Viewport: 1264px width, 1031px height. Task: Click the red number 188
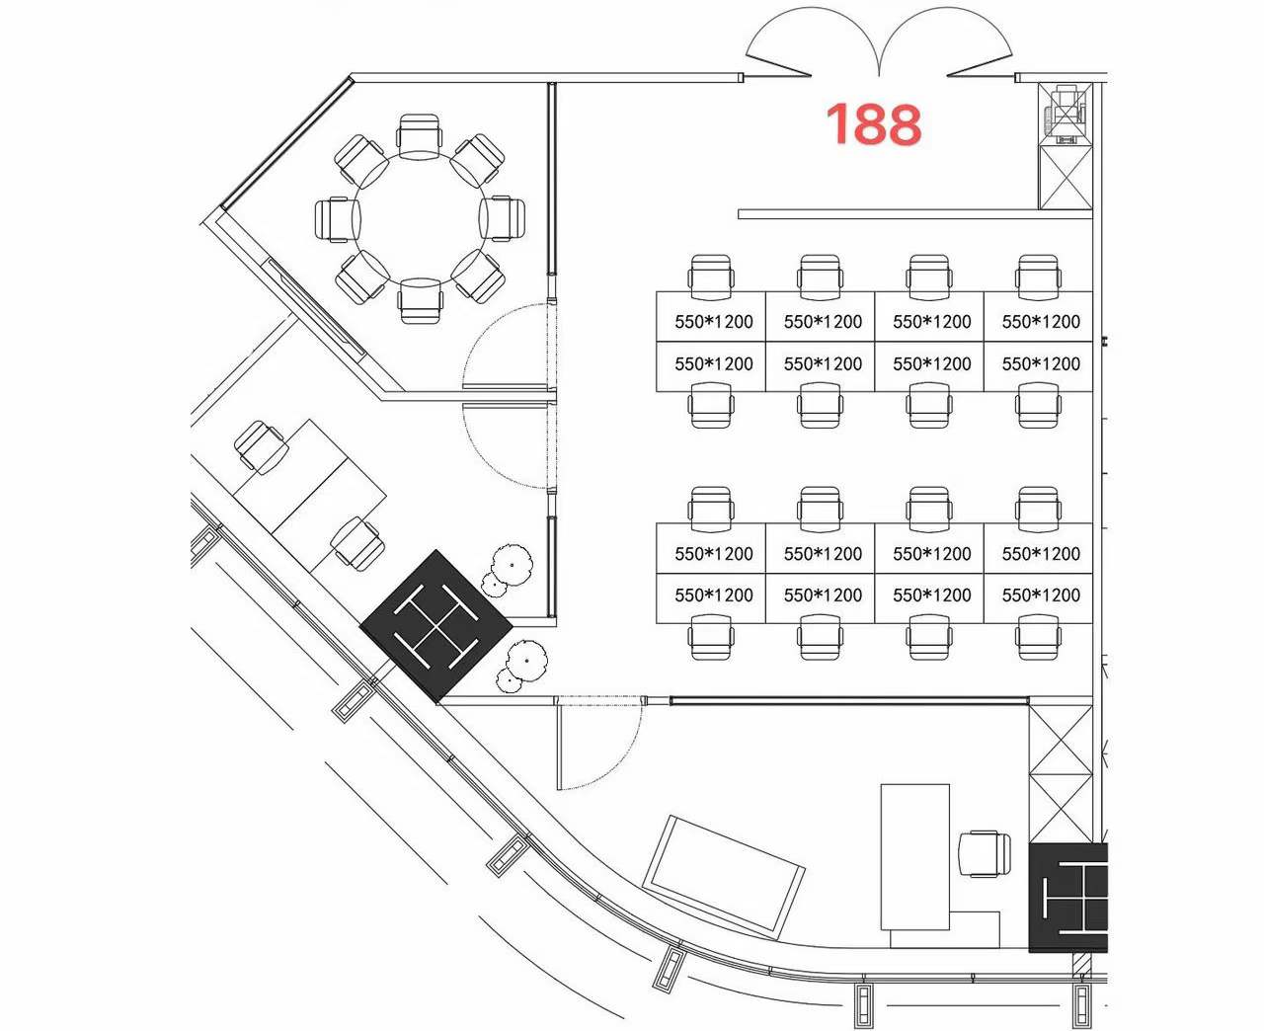[x=873, y=124]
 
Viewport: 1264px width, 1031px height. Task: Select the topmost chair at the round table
[x=420, y=136]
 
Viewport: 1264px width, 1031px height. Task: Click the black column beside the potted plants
[x=435, y=626]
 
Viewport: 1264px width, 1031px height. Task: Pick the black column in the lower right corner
[x=1068, y=898]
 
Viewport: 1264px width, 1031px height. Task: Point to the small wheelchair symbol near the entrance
[x=1066, y=114]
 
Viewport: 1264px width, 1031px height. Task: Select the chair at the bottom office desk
[x=985, y=854]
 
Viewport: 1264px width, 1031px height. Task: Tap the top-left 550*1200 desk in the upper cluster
[x=711, y=317]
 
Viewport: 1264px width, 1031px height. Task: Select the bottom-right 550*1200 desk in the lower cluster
[x=1038, y=598]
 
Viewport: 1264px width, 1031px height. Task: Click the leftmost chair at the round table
[x=338, y=219]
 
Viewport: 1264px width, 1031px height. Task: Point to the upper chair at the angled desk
[x=260, y=445]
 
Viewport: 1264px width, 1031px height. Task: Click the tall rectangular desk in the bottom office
[x=914, y=856]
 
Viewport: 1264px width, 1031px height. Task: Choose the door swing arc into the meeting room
[x=510, y=347]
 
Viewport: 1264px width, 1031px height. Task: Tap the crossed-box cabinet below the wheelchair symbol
[x=1066, y=177]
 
